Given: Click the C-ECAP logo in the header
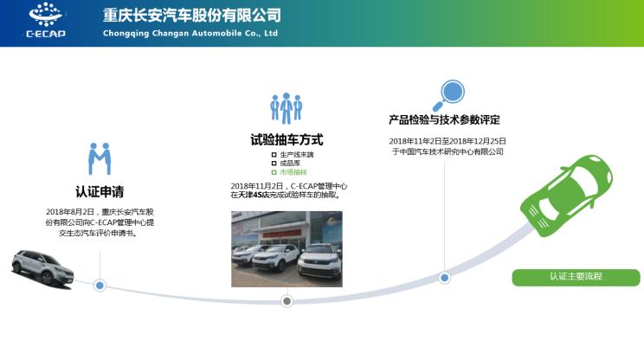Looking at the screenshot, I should (x=46, y=22).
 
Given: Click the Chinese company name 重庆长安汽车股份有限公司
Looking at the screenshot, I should (x=191, y=16).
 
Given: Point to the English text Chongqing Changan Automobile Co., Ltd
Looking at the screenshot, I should (x=190, y=34).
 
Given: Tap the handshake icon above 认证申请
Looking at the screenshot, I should (x=100, y=159).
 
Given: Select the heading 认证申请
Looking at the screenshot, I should (x=100, y=191).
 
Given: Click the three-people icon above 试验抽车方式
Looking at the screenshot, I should (x=286, y=107).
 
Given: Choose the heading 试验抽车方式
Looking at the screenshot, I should (x=287, y=139).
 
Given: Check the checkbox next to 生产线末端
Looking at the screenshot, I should (x=274, y=154).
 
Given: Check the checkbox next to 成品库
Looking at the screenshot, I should (x=274, y=163).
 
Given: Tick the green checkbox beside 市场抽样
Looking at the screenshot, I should (x=274, y=171).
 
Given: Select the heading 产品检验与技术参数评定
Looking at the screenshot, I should (x=444, y=119).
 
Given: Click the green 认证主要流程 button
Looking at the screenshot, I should (x=576, y=277).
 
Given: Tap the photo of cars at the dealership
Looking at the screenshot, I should (x=287, y=248).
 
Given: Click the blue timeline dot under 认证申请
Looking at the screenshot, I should (x=100, y=285).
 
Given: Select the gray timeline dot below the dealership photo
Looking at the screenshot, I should (x=287, y=301).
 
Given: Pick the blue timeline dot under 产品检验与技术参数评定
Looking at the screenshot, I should (x=445, y=278).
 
